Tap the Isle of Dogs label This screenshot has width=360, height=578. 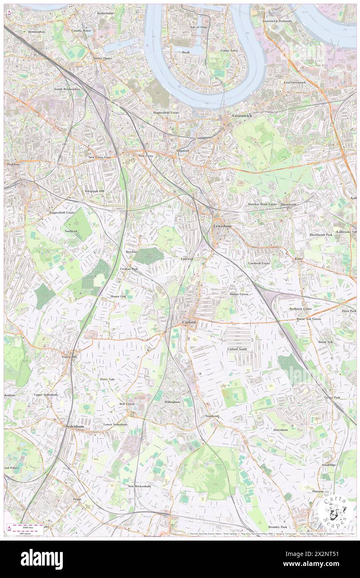pyautogui.click(x=199, y=27)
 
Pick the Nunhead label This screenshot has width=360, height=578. pyautogui.click(x=71, y=231)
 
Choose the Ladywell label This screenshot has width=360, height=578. pyautogui.click(x=187, y=259)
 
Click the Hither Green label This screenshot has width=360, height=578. pyautogui.click(x=239, y=294)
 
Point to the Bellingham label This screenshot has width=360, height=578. pyautogui.click(x=172, y=402)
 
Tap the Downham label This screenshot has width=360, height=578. pyautogui.click(x=281, y=430)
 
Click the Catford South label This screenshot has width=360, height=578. pyautogui.click(x=237, y=349)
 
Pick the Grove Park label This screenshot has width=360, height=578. pyautogui.click(x=332, y=398)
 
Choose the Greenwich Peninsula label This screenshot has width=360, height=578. pyautogui.click(x=277, y=21)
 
